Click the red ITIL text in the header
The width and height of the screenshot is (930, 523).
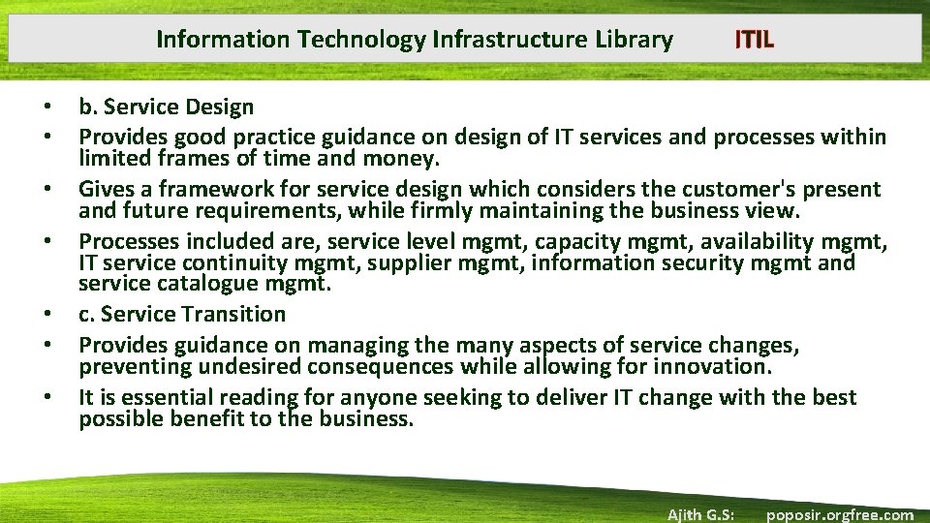tap(754, 40)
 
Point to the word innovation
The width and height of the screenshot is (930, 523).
tap(715, 366)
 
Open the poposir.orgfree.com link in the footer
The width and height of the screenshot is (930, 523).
tap(839, 514)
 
